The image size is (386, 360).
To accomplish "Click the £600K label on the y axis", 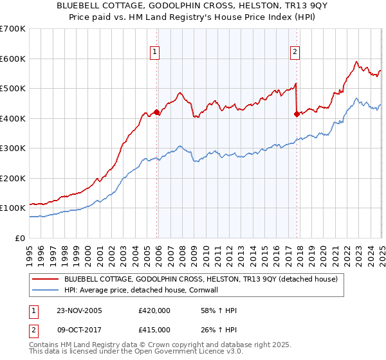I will coord(13,59).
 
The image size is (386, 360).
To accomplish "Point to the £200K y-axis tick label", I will coord(13,178).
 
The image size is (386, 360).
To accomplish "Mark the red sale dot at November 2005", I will coord(157,112).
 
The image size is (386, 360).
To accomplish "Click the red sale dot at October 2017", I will coord(297,114).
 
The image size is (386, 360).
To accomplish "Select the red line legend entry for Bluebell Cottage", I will coord(205,279).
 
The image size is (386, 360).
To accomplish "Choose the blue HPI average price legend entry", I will coord(159,290).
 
